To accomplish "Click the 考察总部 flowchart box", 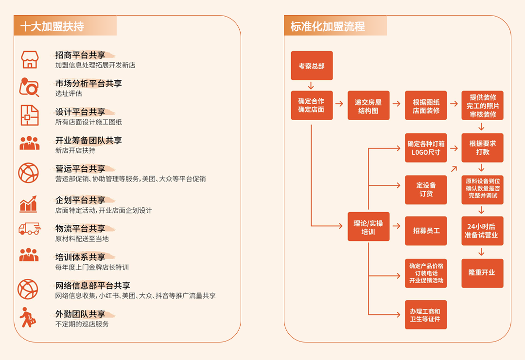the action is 312,66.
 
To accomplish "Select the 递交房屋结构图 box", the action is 368,105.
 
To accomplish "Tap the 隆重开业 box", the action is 482,273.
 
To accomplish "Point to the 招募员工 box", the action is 425,231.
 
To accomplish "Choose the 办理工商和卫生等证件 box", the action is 425,315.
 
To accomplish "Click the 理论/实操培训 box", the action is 368,227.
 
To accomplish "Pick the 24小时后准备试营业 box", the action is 482,231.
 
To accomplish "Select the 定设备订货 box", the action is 425,190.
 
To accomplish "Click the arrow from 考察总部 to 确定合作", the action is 311,86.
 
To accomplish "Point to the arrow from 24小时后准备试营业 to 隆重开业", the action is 481,252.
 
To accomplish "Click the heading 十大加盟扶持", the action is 52,26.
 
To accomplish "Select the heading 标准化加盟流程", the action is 328,26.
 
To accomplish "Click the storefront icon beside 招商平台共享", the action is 30,60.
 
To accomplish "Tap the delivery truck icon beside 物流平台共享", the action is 30,229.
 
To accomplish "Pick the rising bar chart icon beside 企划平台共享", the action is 28,204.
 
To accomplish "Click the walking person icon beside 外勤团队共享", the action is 27,317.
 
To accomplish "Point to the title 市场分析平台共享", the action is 89,84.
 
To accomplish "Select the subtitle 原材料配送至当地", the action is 82,239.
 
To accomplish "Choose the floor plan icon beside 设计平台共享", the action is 30,115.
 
